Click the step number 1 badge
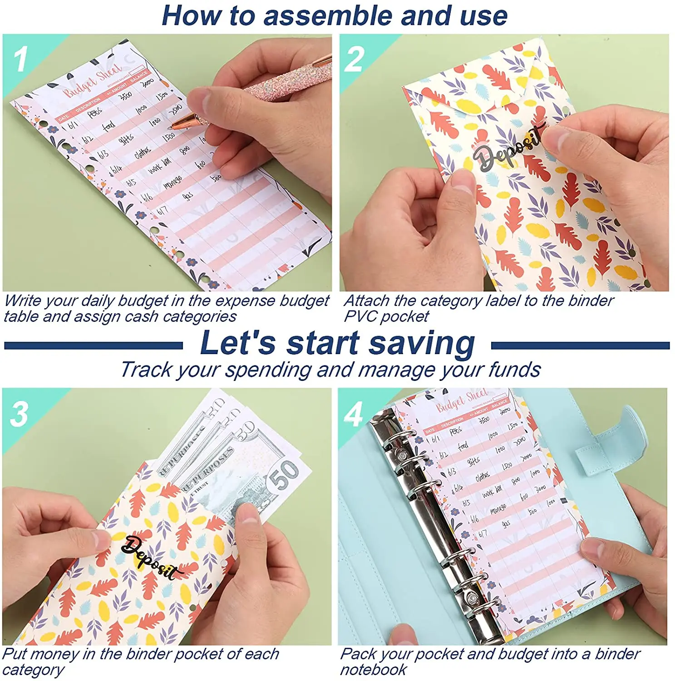coord(20,59)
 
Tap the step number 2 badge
coord(354,59)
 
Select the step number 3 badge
coord(19,414)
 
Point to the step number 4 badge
coord(353,414)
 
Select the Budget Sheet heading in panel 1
coord(93,81)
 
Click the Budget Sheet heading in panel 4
coord(462,400)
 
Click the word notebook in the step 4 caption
coord(373,670)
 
